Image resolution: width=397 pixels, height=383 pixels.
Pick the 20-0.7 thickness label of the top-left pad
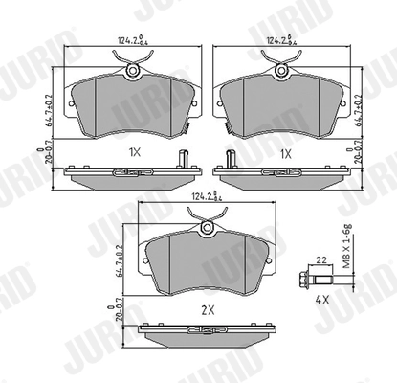[x=55, y=164]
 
